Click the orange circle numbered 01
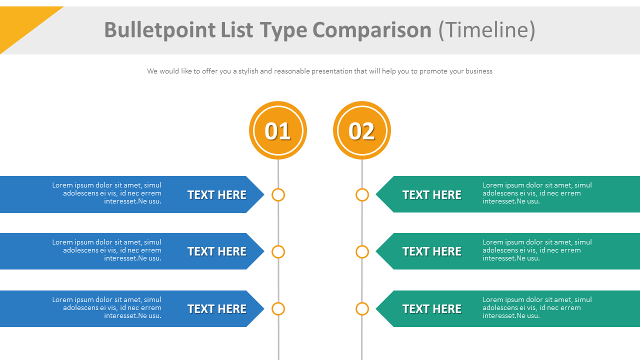click(278, 130)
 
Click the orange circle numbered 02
click(362, 130)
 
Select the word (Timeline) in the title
click(486, 30)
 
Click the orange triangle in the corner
click(22, 22)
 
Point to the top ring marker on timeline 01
click(278, 195)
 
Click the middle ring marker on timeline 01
click(278, 251)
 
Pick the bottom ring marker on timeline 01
click(278, 309)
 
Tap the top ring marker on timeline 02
click(362, 195)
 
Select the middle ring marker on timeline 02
click(362, 251)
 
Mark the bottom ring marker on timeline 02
click(362, 309)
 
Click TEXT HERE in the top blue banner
click(217, 195)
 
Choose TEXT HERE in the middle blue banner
click(217, 251)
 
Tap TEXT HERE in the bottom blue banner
click(217, 309)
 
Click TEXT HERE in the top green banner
click(432, 195)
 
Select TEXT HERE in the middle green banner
click(432, 251)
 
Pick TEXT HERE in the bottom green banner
click(432, 309)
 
